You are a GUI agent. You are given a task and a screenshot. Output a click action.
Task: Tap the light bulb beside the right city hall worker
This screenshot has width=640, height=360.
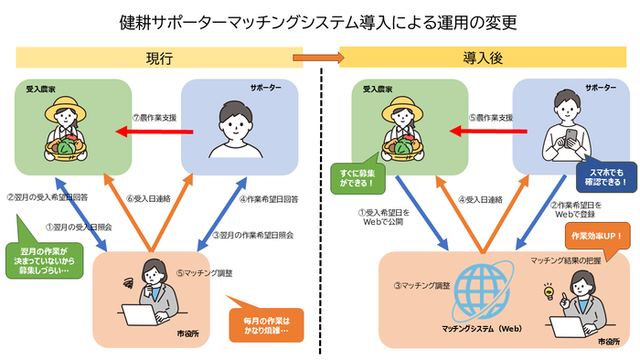pos(551,291)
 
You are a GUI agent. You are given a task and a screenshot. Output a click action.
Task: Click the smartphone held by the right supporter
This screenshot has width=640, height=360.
pos(566,134)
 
